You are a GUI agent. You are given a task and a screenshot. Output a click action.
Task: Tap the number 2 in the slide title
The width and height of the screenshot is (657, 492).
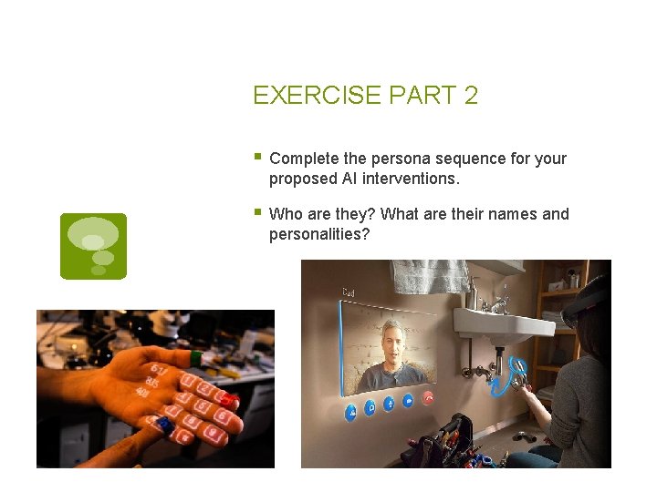tap(471, 96)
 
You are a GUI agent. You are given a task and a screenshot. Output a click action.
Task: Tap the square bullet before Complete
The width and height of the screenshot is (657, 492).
tap(257, 157)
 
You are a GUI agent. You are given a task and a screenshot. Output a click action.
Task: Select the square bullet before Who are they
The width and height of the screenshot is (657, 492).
tap(257, 212)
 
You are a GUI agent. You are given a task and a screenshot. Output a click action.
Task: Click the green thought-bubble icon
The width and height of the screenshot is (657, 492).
tap(93, 246)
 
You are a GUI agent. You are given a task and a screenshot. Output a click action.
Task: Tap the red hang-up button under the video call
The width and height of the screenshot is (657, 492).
tap(428, 399)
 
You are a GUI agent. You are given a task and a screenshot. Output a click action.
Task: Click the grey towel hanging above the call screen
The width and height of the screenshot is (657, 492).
tap(430, 275)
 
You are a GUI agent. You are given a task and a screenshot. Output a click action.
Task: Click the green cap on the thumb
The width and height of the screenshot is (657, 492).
tap(195, 358)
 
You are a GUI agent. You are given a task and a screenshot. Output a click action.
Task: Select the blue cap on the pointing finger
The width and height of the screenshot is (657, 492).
tap(164, 425)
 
